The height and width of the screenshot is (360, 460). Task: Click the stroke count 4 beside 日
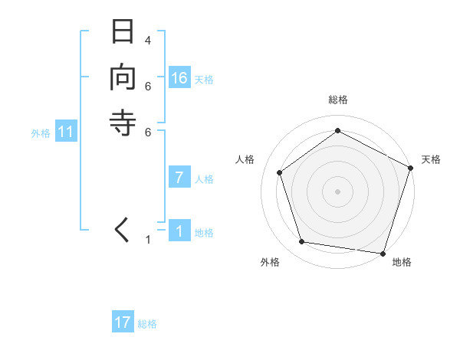148,40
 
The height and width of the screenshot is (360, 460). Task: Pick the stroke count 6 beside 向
148,85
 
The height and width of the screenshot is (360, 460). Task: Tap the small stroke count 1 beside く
148,241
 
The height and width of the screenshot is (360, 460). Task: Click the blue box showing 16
179,78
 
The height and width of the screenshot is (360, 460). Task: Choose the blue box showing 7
179,178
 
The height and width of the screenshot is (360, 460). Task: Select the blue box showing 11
66,133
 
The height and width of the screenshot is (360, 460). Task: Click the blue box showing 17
123,322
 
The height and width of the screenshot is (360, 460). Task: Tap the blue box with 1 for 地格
179,231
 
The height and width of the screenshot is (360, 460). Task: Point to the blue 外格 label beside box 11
41,133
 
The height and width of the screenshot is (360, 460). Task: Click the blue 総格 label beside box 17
147,324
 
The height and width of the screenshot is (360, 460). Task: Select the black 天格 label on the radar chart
431,159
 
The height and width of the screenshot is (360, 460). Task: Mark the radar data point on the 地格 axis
383,253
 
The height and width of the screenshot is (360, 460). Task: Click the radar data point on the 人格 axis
280,172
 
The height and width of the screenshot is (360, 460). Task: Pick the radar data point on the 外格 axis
302,242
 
